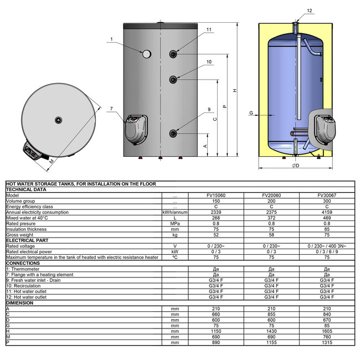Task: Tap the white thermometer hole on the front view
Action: point(147,54)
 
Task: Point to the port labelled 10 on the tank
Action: point(174,79)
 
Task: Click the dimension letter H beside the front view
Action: point(235,91)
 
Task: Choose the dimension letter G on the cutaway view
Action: point(251,113)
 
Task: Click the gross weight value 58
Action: point(271,235)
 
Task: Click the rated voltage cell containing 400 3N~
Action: point(326,245)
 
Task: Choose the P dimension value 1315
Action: point(326,343)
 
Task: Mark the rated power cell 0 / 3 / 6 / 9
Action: point(326,251)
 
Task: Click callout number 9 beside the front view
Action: point(209,110)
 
